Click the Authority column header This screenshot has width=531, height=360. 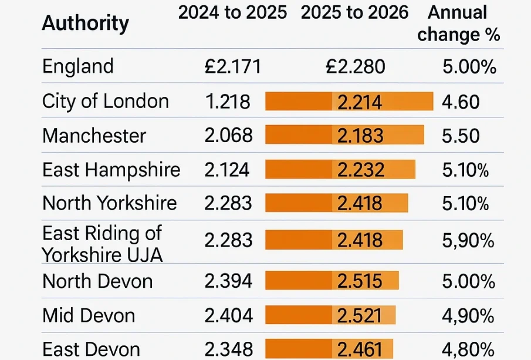86,24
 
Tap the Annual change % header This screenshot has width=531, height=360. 458,23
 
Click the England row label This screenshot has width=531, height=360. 78,66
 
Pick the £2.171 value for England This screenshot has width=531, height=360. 232,67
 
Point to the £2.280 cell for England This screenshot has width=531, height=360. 356,67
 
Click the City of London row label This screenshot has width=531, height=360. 106,102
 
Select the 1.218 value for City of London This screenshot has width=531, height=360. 228,102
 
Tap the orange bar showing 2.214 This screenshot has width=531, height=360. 349,102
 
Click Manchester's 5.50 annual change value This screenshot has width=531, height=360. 461,136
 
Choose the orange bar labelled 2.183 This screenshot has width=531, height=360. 344,136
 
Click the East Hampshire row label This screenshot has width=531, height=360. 111,170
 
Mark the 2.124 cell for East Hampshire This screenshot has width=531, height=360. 227,170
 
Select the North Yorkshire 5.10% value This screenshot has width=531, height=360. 465,203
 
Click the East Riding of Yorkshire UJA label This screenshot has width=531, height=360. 102,244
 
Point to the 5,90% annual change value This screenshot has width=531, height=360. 468,240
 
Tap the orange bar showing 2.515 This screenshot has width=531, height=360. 332,281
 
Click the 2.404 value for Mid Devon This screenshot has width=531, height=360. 228,316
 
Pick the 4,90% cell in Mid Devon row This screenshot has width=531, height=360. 468,316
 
